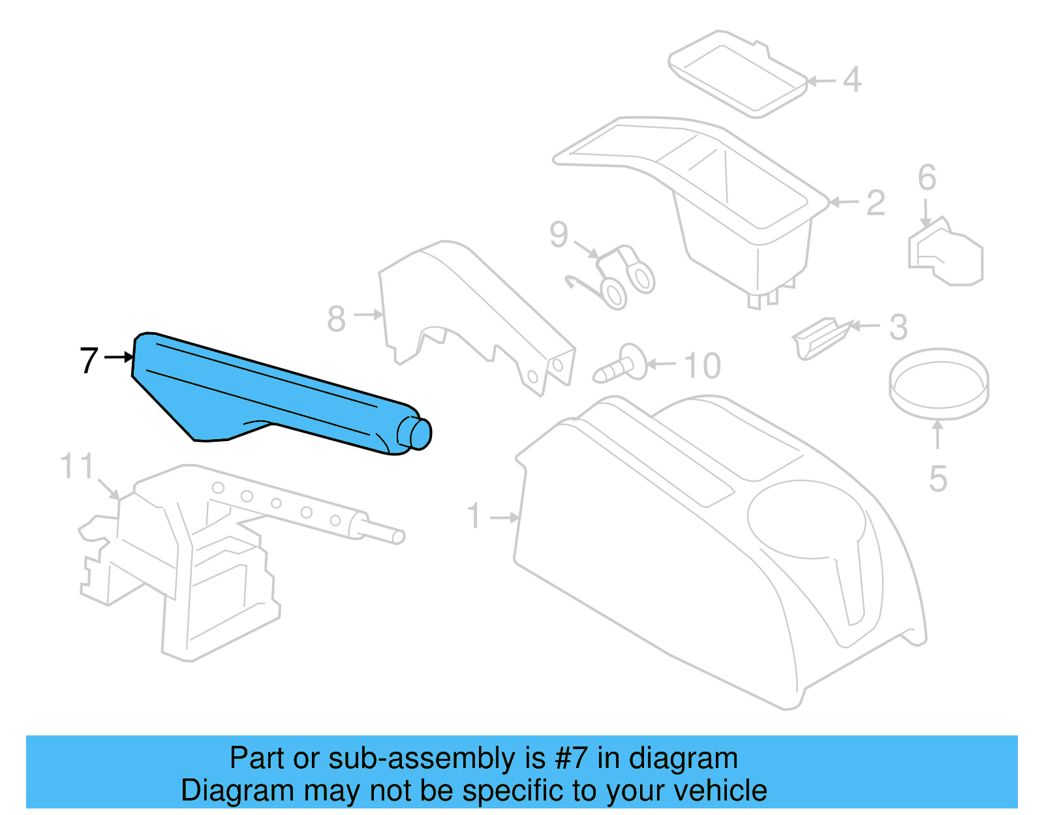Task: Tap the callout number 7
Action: pos(89,360)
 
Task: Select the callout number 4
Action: pos(852,80)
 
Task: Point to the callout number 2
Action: pos(876,203)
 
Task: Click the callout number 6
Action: pos(927,177)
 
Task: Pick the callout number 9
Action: pos(559,234)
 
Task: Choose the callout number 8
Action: pos(336,319)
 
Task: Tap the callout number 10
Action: pos(702,366)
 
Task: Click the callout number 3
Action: pos(898,328)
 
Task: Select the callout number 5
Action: pos(938,480)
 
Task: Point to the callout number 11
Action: pos(77,467)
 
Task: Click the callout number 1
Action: pos(474,517)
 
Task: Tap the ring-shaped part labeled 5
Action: pos(939,382)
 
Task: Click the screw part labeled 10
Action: pos(620,365)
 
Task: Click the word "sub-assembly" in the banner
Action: pos(437,758)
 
